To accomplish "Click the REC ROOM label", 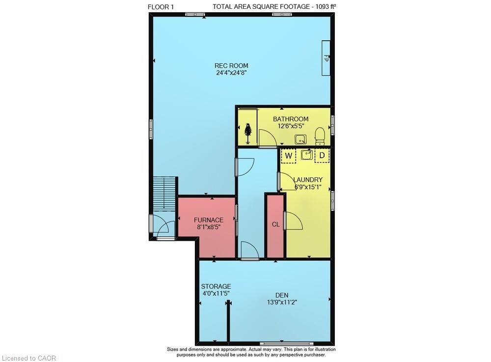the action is pyautogui.click(x=231, y=66).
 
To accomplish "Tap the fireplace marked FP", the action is pyautogui.click(x=326, y=58).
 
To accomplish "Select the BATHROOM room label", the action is pyautogui.click(x=291, y=119).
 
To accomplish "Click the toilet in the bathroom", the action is pyautogui.click(x=320, y=137).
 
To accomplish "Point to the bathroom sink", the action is pyautogui.click(x=300, y=139).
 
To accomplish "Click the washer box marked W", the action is pyautogui.click(x=289, y=156).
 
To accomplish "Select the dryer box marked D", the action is pyautogui.click(x=322, y=156).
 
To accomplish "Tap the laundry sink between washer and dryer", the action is pyautogui.click(x=306, y=155).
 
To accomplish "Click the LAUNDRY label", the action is pyautogui.click(x=308, y=180).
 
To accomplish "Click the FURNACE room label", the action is pyautogui.click(x=209, y=220).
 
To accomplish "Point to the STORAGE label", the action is pyautogui.click(x=216, y=286).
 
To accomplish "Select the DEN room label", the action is pyautogui.click(x=282, y=295).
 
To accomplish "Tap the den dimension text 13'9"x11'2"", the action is pyautogui.click(x=282, y=303).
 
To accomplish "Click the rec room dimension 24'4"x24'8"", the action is pyautogui.click(x=231, y=73).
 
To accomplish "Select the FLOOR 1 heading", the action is pyautogui.click(x=161, y=7).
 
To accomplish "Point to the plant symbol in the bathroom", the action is pyautogui.click(x=248, y=134).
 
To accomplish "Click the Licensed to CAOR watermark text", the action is pyautogui.click(x=28, y=358).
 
